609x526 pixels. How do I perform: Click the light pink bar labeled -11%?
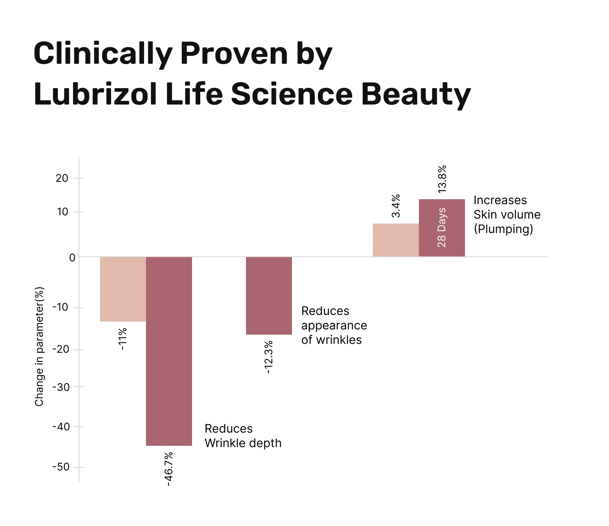(x=123, y=289)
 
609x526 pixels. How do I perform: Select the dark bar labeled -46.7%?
(x=169, y=351)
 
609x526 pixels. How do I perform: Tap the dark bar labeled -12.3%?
(x=269, y=296)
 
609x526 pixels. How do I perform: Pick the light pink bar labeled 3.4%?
(x=396, y=240)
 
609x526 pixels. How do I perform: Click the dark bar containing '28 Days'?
(x=442, y=228)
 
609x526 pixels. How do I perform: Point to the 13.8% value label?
(x=442, y=179)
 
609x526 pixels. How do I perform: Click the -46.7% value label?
(x=168, y=469)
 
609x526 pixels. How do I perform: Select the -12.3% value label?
(x=269, y=357)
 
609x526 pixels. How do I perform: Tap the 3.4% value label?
(x=396, y=206)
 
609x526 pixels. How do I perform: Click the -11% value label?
(x=122, y=339)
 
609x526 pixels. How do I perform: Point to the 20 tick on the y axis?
(x=62, y=178)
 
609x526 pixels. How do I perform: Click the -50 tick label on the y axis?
(x=61, y=467)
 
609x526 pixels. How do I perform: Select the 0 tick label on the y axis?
(x=72, y=258)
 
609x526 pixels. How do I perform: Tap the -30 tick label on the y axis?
(x=61, y=387)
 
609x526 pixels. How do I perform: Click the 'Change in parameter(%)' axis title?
(x=39, y=347)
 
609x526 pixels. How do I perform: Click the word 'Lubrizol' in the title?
(x=95, y=94)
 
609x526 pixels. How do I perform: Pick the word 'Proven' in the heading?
(x=234, y=54)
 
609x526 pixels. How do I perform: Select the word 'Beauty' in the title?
(x=416, y=94)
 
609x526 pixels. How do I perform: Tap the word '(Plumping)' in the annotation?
(x=503, y=229)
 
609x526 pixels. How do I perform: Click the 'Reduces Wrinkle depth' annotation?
(x=243, y=436)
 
